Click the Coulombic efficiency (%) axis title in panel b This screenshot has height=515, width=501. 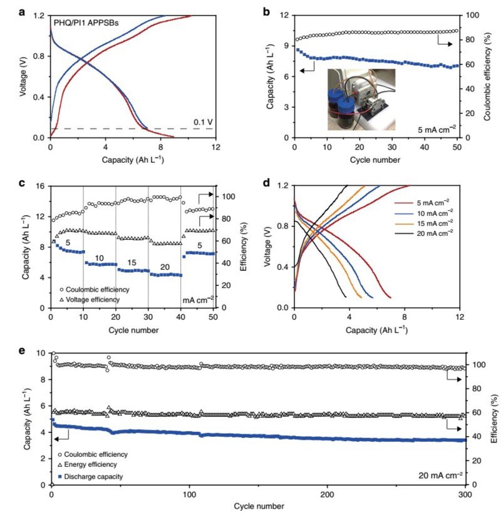[x=495, y=75]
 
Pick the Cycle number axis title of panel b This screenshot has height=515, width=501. [x=375, y=159]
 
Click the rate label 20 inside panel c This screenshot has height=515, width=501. [x=163, y=266]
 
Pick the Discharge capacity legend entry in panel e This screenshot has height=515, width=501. [x=94, y=477]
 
